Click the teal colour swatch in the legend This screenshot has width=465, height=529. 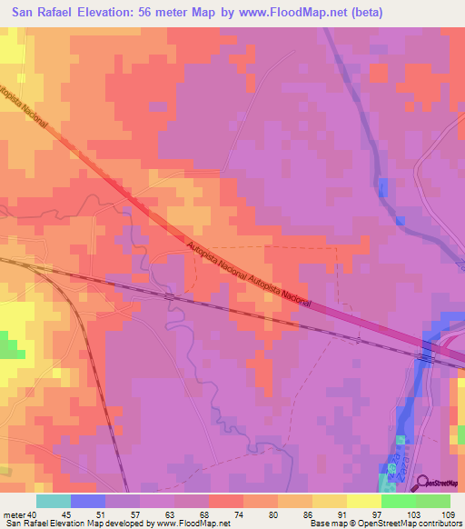(x=54, y=501)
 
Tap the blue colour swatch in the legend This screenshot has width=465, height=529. (x=88, y=501)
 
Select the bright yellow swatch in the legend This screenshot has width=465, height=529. (x=364, y=501)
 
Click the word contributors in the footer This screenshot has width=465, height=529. (x=434, y=524)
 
